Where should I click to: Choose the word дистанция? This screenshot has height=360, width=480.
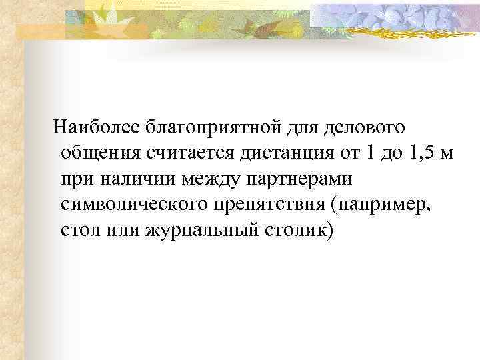tap(279, 153)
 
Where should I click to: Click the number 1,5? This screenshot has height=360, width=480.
tap(422, 153)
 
